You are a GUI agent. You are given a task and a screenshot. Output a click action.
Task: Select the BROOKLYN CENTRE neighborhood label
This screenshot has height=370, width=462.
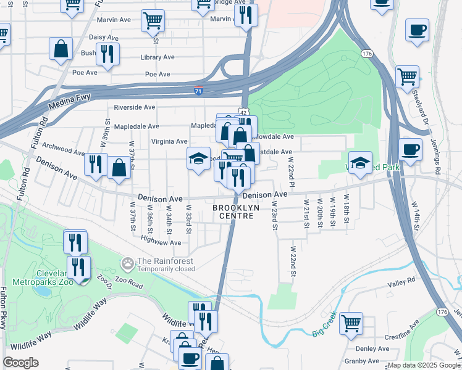click(x=238, y=212)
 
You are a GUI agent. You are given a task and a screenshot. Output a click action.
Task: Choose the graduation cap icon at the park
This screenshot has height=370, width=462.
click(x=360, y=163)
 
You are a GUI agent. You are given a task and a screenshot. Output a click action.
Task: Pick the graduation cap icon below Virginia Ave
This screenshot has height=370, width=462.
click(x=199, y=159)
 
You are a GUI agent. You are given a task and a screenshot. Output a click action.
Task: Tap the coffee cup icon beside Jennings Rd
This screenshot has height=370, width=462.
click(x=410, y=149)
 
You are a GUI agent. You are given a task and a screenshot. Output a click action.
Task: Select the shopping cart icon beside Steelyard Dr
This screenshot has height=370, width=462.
click(x=407, y=78)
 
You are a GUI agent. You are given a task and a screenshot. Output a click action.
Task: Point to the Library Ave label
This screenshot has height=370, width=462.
click(x=157, y=57)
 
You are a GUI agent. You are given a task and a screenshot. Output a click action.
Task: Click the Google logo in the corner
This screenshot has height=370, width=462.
click(x=21, y=363)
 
